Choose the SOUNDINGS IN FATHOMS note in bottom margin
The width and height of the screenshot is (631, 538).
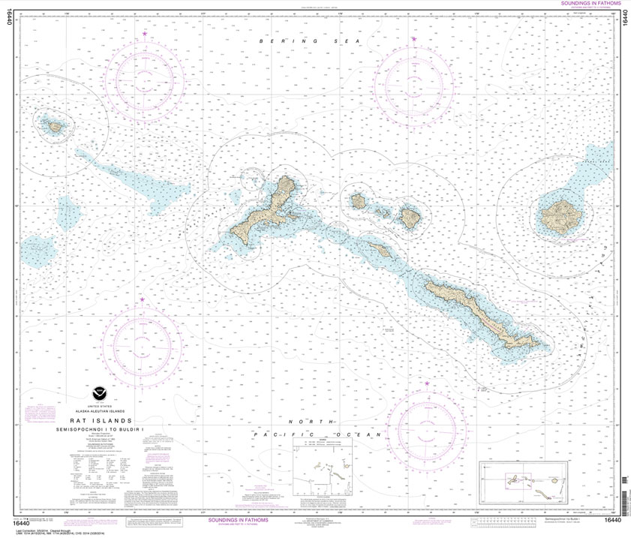click(238, 518)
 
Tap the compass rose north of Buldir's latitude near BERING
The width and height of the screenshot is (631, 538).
click(143, 77)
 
